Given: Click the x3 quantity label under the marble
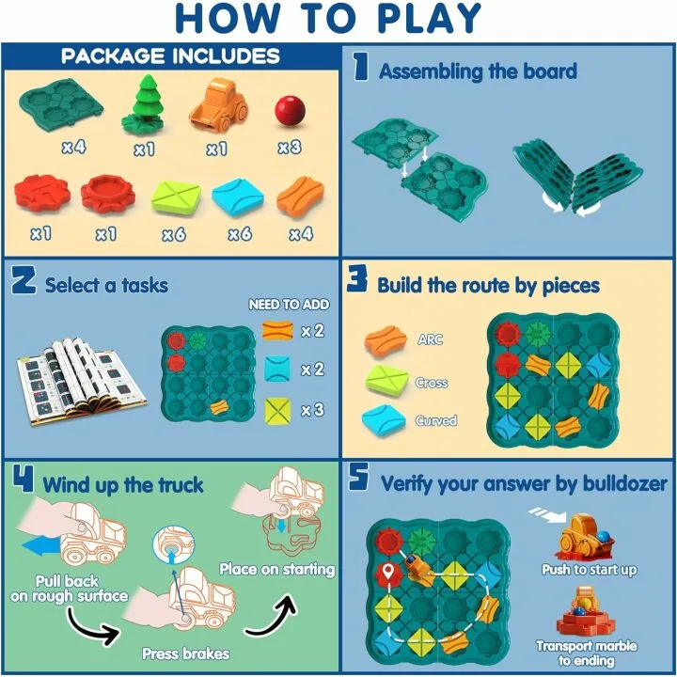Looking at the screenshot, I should (x=290, y=148).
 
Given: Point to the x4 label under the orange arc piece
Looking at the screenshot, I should (x=300, y=234).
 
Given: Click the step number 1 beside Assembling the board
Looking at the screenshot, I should (x=359, y=68).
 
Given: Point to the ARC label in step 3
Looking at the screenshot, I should (x=430, y=339).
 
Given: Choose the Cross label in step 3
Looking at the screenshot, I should (x=432, y=383).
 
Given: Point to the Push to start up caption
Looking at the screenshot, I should (x=590, y=570).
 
